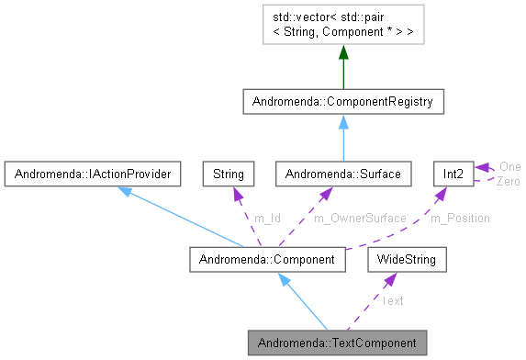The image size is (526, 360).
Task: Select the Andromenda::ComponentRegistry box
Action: click(x=343, y=100)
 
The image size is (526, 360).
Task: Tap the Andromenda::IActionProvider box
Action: click(x=91, y=173)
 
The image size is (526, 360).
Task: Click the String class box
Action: click(x=229, y=173)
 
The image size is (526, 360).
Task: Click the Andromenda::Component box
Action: click(x=268, y=260)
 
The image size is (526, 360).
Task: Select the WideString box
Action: click(x=407, y=260)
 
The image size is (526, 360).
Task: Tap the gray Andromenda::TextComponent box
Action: click(x=338, y=343)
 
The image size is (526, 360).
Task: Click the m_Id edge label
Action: click(x=267, y=218)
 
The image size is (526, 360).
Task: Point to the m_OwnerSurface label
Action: click(x=360, y=218)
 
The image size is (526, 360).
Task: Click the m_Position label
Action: click(x=461, y=218)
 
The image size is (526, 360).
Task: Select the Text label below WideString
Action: click(x=392, y=300)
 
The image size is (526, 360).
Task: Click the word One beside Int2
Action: click(x=509, y=166)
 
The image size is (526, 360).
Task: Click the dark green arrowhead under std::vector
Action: click(x=343, y=56)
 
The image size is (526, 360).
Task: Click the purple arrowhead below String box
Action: click(x=235, y=192)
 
